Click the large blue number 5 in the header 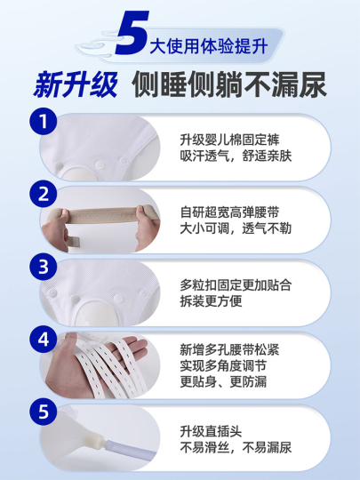pos(132,33)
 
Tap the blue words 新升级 pos(76,84)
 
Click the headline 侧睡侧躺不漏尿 pos(229,84)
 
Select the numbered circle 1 pos(44,121)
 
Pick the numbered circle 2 pos(44,194)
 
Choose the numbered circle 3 pos(44,267)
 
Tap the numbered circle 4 pos(44,340)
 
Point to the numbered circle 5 pos(44,412)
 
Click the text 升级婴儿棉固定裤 pos(229,140)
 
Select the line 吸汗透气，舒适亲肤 pos(236,156)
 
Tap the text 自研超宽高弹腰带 pos(229,212)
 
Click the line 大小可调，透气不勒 pos(236,228)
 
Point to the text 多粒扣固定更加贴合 pos(236,285)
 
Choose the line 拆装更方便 pos(211,301)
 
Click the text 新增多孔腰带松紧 pos(229,350)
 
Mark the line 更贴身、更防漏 pos(223,381)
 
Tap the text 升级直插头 pos(211,432)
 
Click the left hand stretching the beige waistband pos(56,229)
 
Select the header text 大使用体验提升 pos(209,46)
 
